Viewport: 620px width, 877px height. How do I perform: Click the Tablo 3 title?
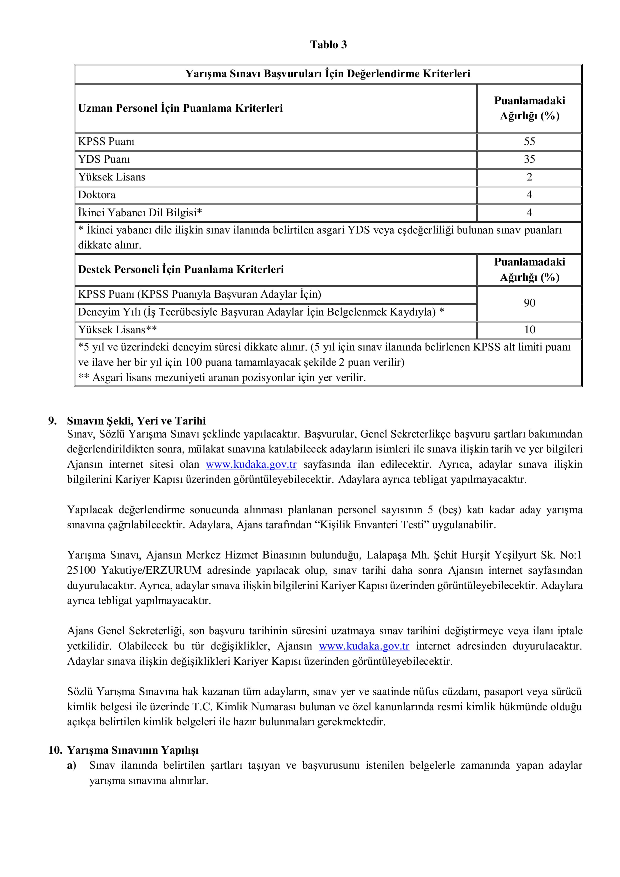pyautogui.click(x=328, y=45)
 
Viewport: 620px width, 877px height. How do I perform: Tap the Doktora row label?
pyautogui.click(x=97, y=195)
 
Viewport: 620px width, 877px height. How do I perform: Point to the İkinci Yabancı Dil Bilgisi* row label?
pyautogui.click(x=140, y=213)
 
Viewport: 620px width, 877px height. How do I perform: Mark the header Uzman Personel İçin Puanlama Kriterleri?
pyautogui.click(x=180, y=108)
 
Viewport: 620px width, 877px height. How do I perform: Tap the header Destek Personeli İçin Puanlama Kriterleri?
pyautogui.click(x=181, y=270)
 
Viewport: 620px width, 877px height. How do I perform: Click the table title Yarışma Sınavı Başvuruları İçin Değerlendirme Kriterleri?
pyautogui.click(x=328, y=74)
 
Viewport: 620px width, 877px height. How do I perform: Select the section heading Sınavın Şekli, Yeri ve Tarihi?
pyautogui.click(x=136, y=421)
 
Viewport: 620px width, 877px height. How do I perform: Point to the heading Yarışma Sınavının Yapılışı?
pyautogui.click(x=132, y=750)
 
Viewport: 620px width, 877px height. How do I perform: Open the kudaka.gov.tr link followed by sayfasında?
pyautogui.click(x=251, y=464)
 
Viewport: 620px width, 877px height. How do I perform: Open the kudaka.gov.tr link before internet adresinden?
pyautogui.click(x=364, y=646)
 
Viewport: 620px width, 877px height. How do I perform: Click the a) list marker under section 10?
pyautogui.click(x=71, y=765)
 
